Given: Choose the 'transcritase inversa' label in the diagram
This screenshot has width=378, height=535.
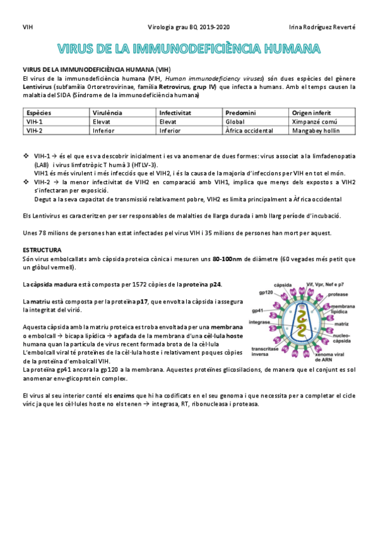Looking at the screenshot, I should [x=266, y=351].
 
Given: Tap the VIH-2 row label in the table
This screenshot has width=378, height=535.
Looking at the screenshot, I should [x=35, y=131].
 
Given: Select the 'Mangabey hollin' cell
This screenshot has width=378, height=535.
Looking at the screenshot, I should [x=316, y=131].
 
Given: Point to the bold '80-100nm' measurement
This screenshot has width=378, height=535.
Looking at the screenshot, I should [x=229, y=258].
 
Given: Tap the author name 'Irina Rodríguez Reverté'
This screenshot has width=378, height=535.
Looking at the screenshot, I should [x=321, y=27].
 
